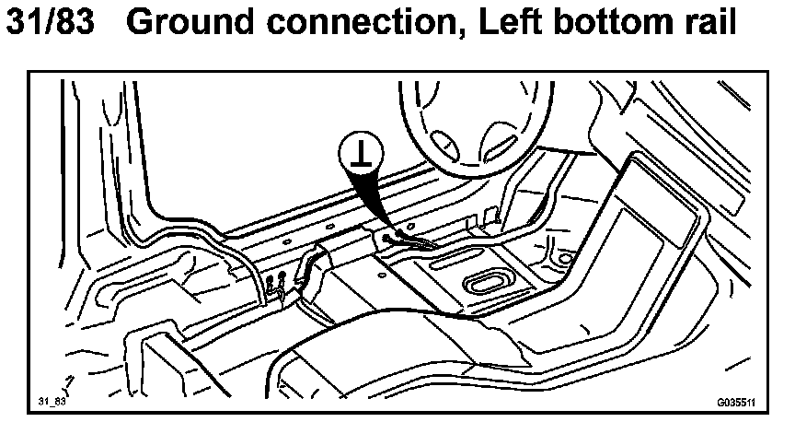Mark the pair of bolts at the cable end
click(x=272, y=282)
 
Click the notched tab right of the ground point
click(x=478, y=221)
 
